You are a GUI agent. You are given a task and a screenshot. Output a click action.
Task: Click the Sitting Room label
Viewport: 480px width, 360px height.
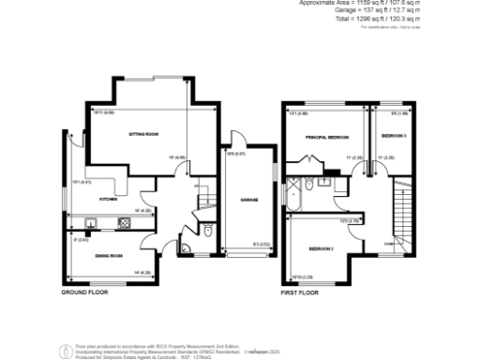tap(143, 135)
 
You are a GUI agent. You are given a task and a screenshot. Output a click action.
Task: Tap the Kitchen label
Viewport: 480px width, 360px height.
tap(108, 200)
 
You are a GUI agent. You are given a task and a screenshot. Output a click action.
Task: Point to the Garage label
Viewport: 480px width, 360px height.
tap(248, 200)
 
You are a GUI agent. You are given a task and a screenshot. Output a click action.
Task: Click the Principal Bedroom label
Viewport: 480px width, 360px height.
tap(321, 137)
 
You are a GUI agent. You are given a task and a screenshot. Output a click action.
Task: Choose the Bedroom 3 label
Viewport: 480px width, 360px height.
tap(393, 137)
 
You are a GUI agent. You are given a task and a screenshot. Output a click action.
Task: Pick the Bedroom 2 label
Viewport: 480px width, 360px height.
tap(321, 248)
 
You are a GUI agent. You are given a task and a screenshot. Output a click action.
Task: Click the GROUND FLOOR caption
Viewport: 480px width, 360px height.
tap(85, 292)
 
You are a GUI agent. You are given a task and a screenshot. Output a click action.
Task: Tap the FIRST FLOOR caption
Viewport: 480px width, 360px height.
tap(300, 292)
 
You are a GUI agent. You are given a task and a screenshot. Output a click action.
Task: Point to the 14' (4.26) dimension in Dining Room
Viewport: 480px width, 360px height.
tap(142, 273)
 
